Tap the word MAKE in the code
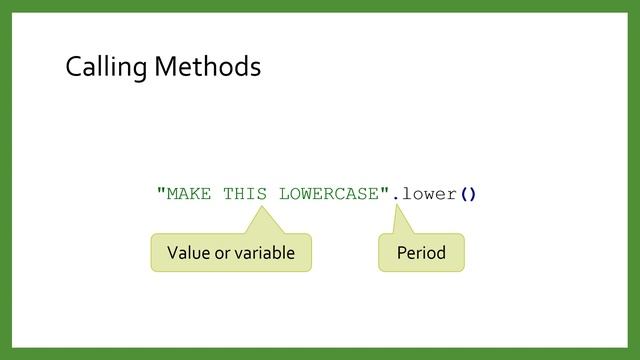click(189, 193)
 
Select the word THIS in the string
click(245, 193)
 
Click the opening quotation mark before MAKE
click(161, 190)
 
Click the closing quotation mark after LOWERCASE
click(385, 190)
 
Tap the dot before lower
click(396, 197)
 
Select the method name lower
click(429, 193)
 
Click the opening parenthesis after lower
click(463, 193)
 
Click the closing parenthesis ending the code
click(473, 193)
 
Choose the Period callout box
click(421, 252)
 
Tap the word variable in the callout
click(261, 252)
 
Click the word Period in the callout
click(421, 252)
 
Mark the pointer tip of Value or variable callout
click(262, 208)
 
